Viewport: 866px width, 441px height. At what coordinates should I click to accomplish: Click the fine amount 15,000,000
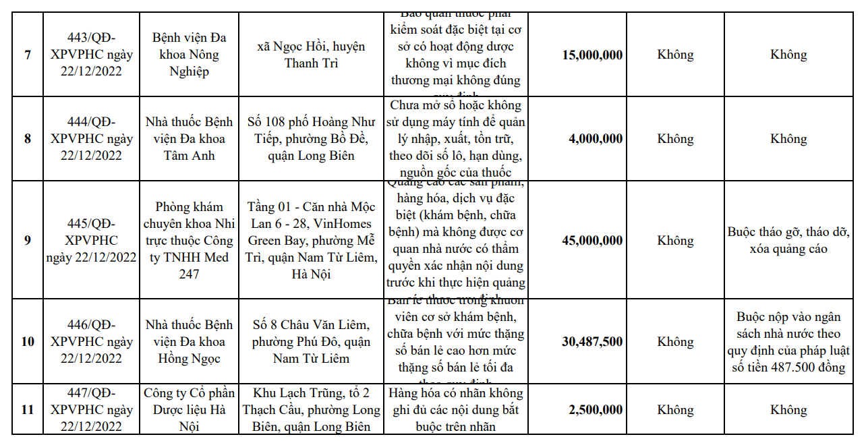pos(592,55)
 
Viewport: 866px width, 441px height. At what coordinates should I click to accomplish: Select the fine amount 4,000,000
pos(596,139)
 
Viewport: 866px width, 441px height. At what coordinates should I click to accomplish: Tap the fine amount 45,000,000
pos(592,241)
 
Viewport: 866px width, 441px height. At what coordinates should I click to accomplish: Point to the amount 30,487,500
pos(592,342)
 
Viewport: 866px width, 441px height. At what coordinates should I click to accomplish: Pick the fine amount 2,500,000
pos(596,410)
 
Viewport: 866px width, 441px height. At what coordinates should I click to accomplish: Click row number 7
pos(28,55)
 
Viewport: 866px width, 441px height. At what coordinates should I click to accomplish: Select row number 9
pos(28,241)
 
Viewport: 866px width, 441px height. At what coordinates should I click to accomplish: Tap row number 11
pos(28,410)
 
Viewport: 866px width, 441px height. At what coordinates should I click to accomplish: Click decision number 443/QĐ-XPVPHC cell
pos(91,55)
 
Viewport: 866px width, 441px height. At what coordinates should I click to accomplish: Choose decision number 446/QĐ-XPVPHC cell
pos(91,342)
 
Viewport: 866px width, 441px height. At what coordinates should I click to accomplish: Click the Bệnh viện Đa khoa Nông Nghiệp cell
pos(189,55)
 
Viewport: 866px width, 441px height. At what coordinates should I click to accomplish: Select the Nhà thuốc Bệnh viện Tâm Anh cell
pos(189,139)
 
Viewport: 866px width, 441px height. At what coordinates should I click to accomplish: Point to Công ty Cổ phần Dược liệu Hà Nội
pos(189,410)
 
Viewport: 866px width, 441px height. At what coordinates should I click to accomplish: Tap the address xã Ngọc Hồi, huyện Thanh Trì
pos(311,55)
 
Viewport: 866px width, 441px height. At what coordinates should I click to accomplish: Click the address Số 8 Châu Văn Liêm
pos(311,342)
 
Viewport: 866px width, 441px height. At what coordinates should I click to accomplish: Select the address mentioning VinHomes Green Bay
pos(311,241)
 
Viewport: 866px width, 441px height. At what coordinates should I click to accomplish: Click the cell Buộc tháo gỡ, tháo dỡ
pos(788,241)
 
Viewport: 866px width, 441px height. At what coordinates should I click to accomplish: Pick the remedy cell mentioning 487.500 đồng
pos(788,342)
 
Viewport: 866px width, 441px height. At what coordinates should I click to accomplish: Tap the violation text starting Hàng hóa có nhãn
pos(456,410)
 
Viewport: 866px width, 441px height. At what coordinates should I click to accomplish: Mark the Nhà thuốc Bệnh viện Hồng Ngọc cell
pos(189,342)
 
